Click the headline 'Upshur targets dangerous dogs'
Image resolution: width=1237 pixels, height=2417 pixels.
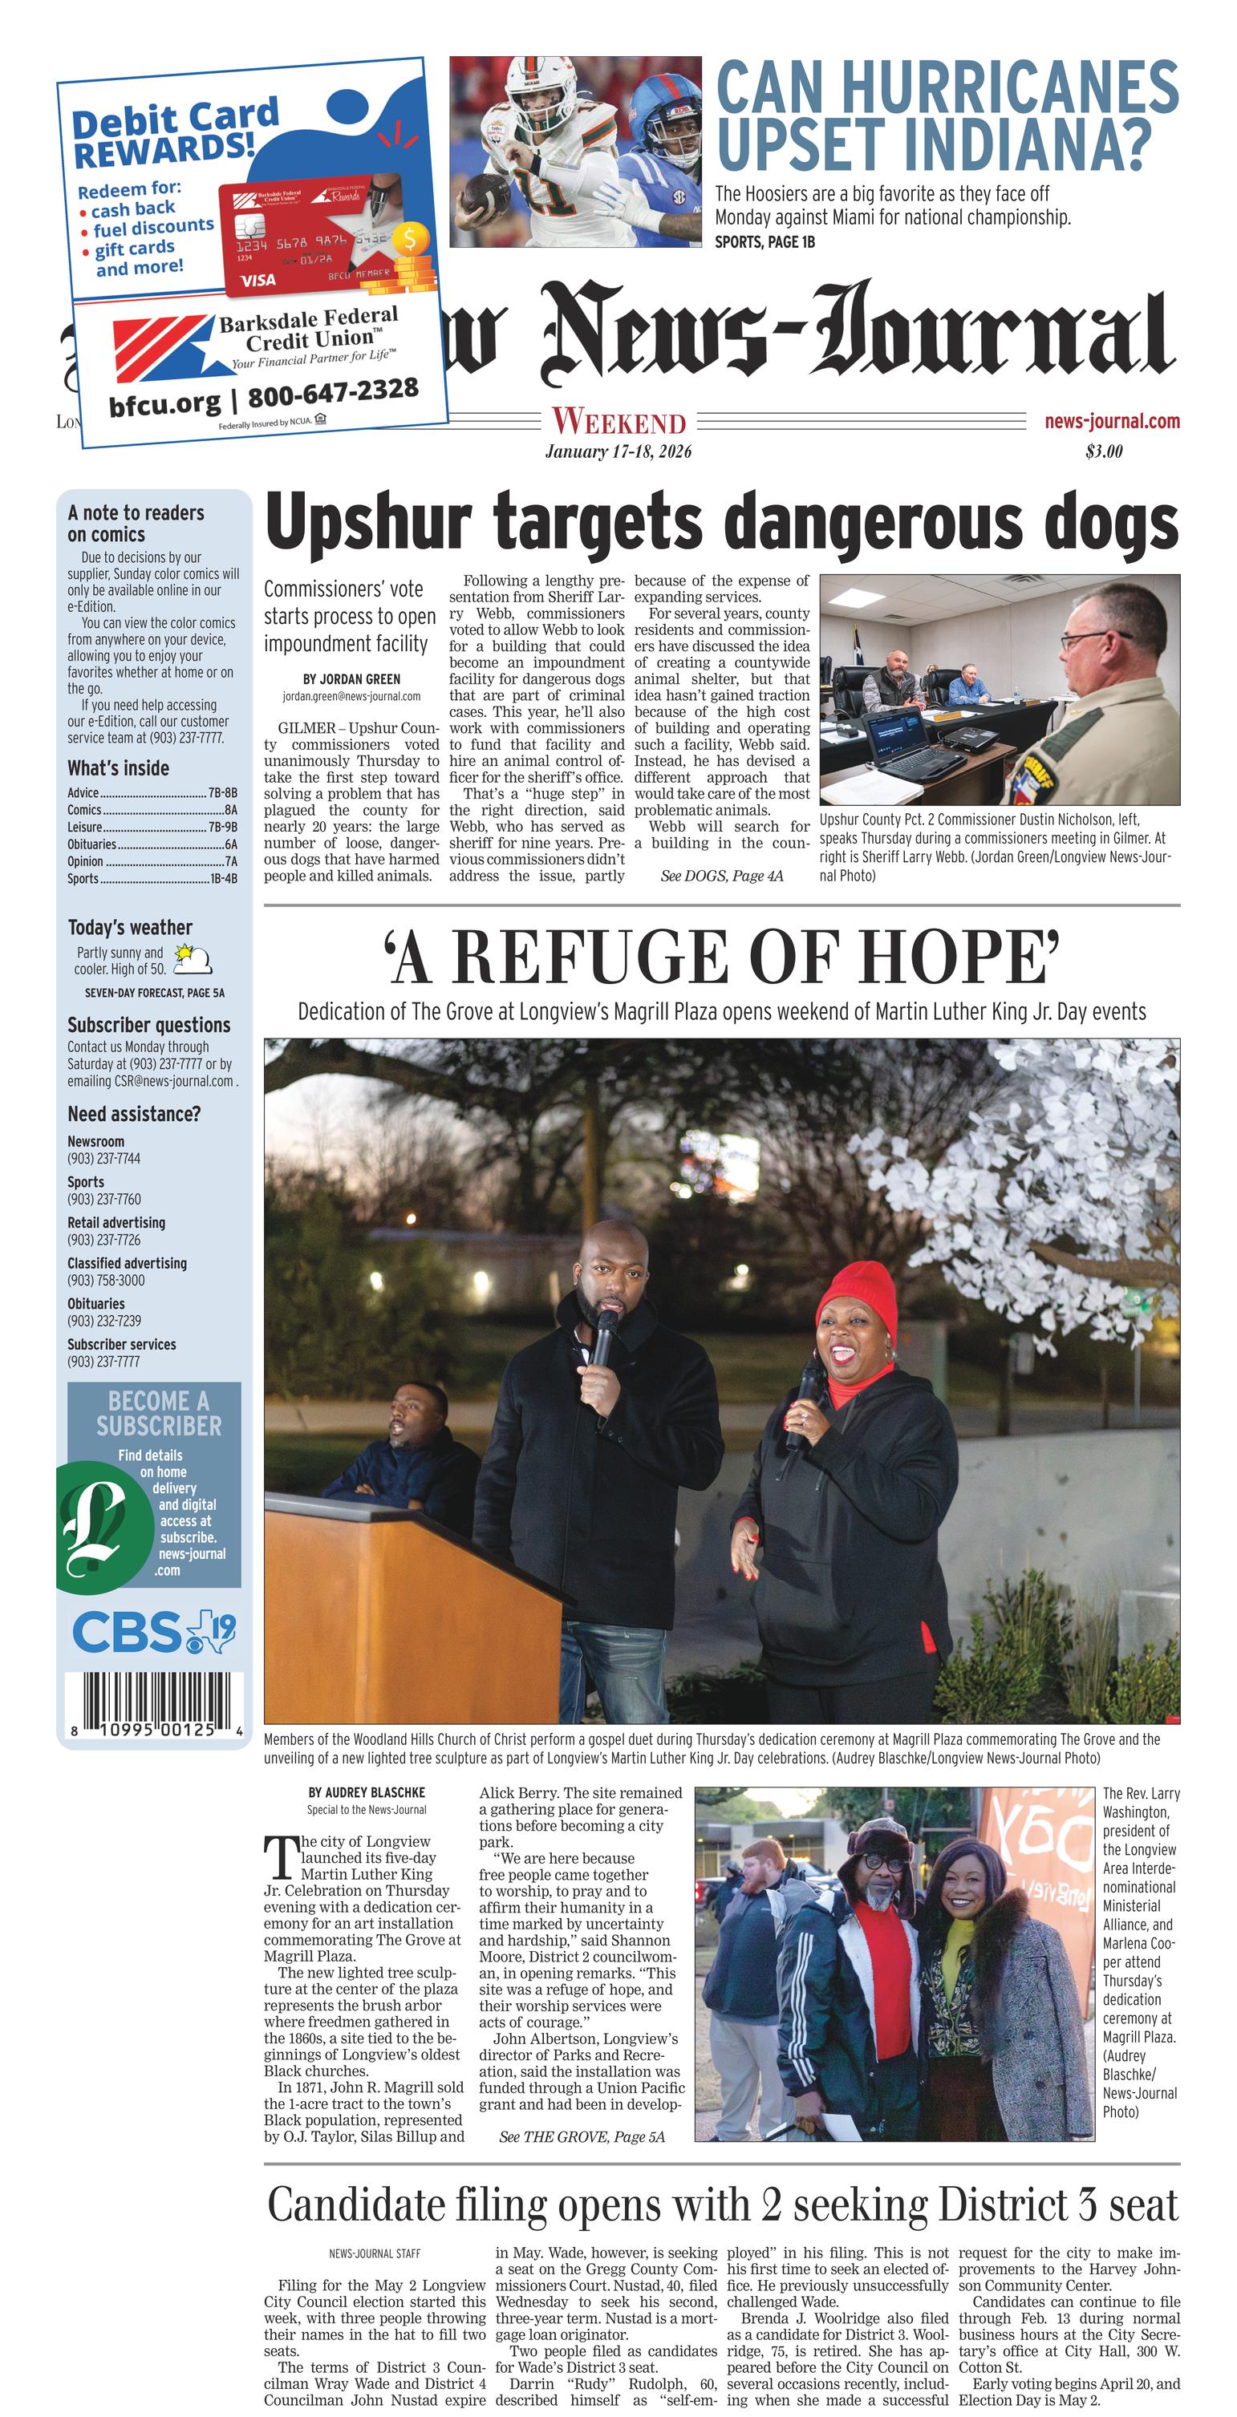point(721,523)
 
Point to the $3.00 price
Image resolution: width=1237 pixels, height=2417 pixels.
point(1104,451)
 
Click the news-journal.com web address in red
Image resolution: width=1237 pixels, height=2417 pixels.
point(1111,421)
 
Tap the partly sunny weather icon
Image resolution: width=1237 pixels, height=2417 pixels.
point(193,958)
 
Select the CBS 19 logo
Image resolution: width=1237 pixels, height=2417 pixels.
point(153,1632)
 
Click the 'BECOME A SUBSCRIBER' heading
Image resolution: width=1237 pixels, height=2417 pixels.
point(158,1413)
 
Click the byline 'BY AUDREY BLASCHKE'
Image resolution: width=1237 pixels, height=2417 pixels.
point(366,1792)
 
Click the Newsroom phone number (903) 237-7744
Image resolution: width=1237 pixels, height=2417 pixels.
point(104,1158)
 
